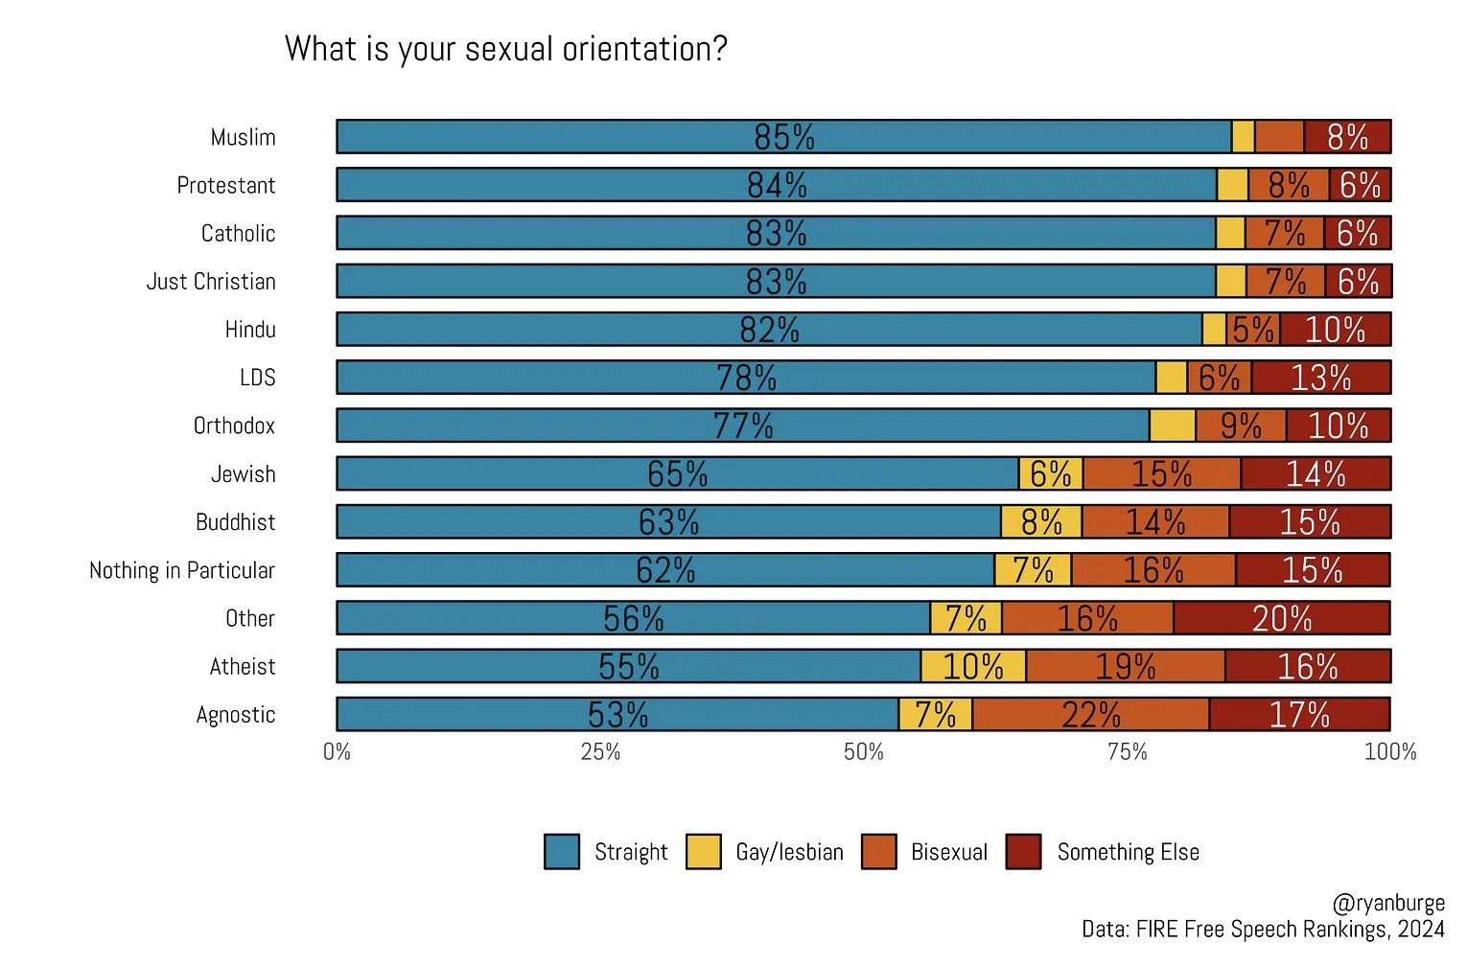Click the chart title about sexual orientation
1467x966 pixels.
point(505,49)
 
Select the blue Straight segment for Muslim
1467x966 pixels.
point(783,137)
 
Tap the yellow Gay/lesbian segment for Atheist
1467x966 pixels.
point(973,666)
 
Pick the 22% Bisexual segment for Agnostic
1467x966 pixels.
point(1090,714)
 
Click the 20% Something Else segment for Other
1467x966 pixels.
point(1281,618)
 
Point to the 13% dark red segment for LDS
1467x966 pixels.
point(1320,378)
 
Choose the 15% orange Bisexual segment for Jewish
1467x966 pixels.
point(1161,473)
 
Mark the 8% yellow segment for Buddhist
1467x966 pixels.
point(1041,522)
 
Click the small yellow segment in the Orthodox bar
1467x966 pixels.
point(1172,425)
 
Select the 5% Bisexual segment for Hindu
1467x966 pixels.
point(1252,330)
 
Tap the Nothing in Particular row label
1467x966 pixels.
point(182,570)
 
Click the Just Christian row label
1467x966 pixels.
point(211,282)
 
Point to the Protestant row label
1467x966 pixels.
point(226,185)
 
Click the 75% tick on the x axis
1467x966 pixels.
point(1127,752)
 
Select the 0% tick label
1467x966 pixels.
point(337,752)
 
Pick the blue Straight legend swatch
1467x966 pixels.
point(561,851)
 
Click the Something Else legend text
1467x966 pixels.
point(1128,852)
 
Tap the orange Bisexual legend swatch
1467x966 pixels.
point(878,851)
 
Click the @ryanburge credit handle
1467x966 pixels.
point(1387,903)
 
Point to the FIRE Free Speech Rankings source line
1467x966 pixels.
point(1262,930)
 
